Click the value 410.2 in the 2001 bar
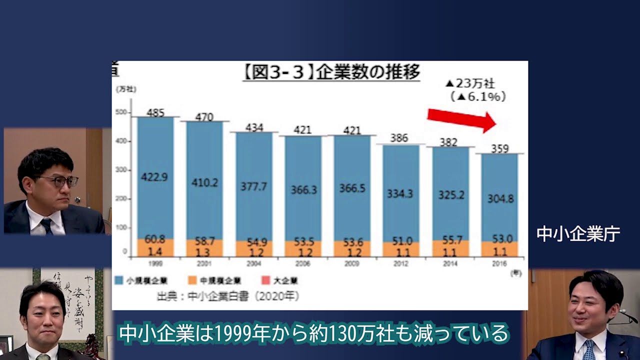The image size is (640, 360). (204, 182)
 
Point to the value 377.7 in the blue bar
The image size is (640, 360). (253, 186)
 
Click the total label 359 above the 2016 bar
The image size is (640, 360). (499, 148)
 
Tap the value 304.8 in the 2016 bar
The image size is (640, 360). (500, 198)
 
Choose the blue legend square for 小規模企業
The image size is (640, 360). (118, 280)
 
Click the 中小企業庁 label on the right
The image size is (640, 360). (578, 234)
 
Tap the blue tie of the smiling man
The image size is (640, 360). (588, 349)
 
